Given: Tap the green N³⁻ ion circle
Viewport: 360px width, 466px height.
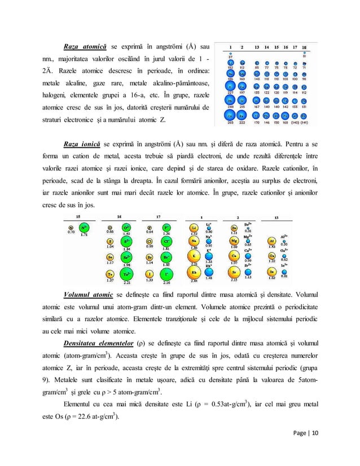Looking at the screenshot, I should [85, 228].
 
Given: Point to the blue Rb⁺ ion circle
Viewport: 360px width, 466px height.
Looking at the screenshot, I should [209, 272].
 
